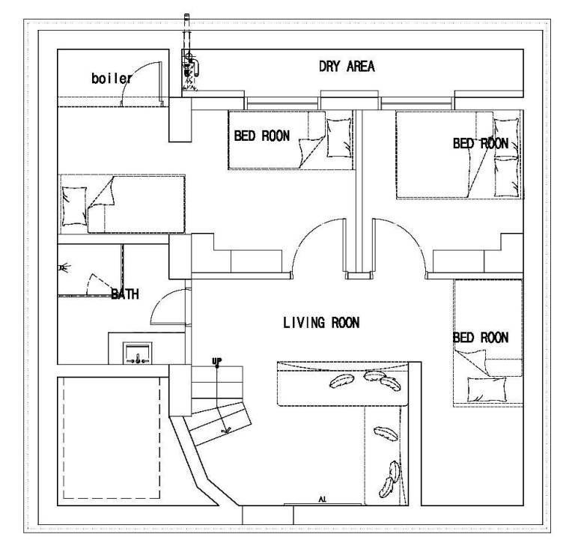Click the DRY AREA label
[347, 67]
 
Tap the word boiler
[112, 78]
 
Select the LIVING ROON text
[321, 323]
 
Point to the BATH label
[125, 294]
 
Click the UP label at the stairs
[216, 361]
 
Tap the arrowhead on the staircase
[226, 430]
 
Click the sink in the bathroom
[138, 354]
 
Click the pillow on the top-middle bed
[338, 138]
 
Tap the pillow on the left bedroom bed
[74, 206]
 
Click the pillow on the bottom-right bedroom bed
[487, 389]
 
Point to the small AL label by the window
[323, 499]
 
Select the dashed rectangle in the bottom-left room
[112, 437]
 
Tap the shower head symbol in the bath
[64, 268]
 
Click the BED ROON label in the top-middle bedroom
[262, 136]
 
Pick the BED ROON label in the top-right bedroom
[481, 143]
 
